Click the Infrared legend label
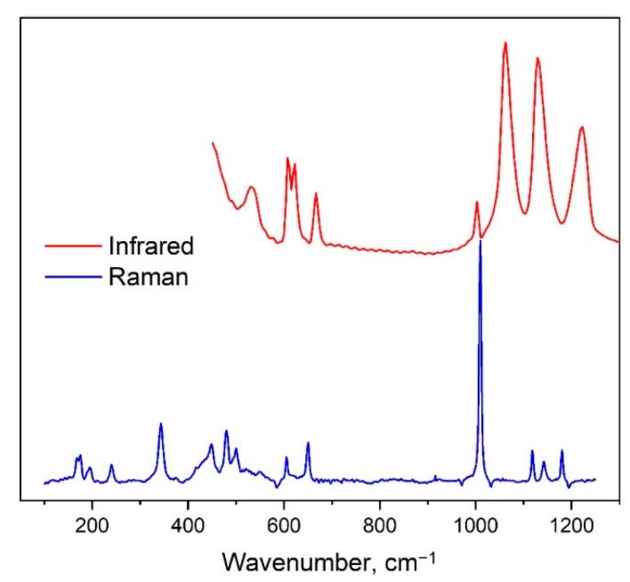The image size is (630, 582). (150, 245)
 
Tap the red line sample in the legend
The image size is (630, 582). (73, 245)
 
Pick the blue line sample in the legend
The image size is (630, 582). (73, 277)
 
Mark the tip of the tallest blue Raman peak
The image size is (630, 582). (481, 240)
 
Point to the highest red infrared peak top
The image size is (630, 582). (505, 43)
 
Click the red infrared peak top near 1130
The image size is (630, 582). (537, 59)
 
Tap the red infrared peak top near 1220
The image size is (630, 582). (582, 127)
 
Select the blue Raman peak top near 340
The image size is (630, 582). (161, 424)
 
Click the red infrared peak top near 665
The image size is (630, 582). (316, 193)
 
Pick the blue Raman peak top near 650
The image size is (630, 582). (308, 443)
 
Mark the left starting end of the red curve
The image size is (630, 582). (212, 142)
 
